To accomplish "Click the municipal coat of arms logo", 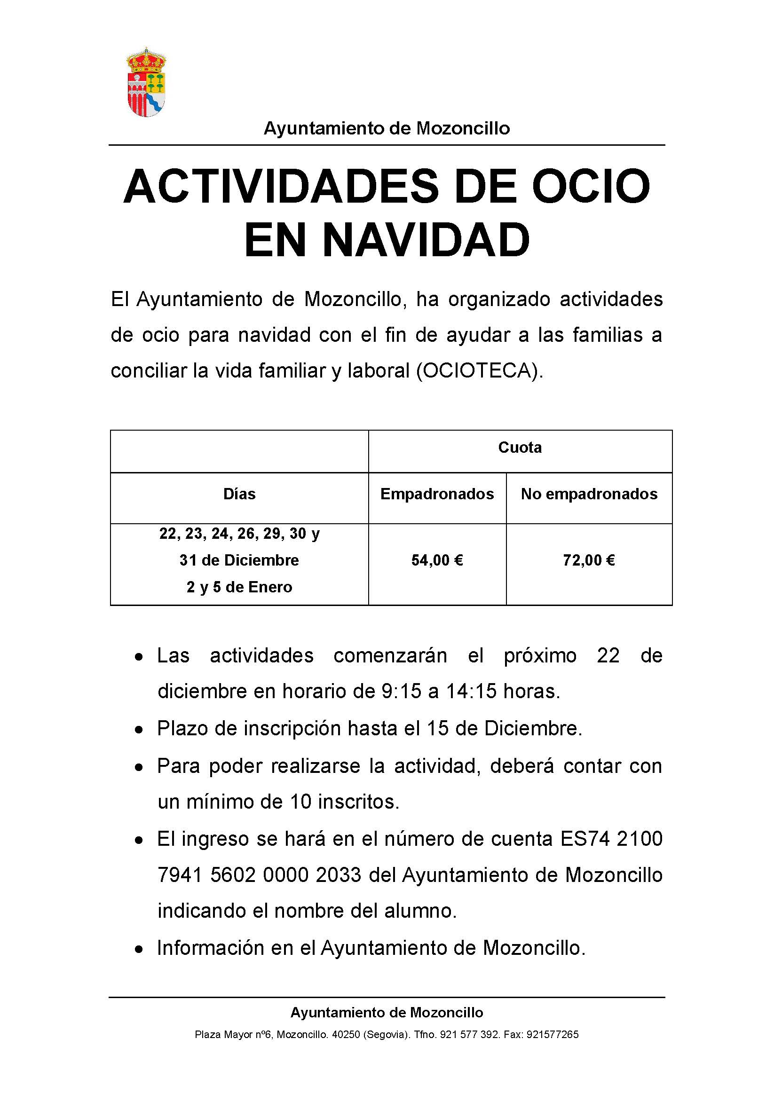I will [x=146, y=82].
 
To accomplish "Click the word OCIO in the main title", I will [x=591, y=186].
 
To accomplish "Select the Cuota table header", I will [x=520, y=448].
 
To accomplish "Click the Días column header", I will [x=239, y=494].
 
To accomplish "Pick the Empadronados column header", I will [x=437, y=494].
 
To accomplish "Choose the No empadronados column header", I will [x=589, y=494].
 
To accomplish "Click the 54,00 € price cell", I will [x=437, y=560].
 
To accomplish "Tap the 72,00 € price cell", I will [x=589, y=560].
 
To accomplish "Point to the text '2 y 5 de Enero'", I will [x=239, y=587].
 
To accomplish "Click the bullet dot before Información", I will [x=139, y=949].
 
